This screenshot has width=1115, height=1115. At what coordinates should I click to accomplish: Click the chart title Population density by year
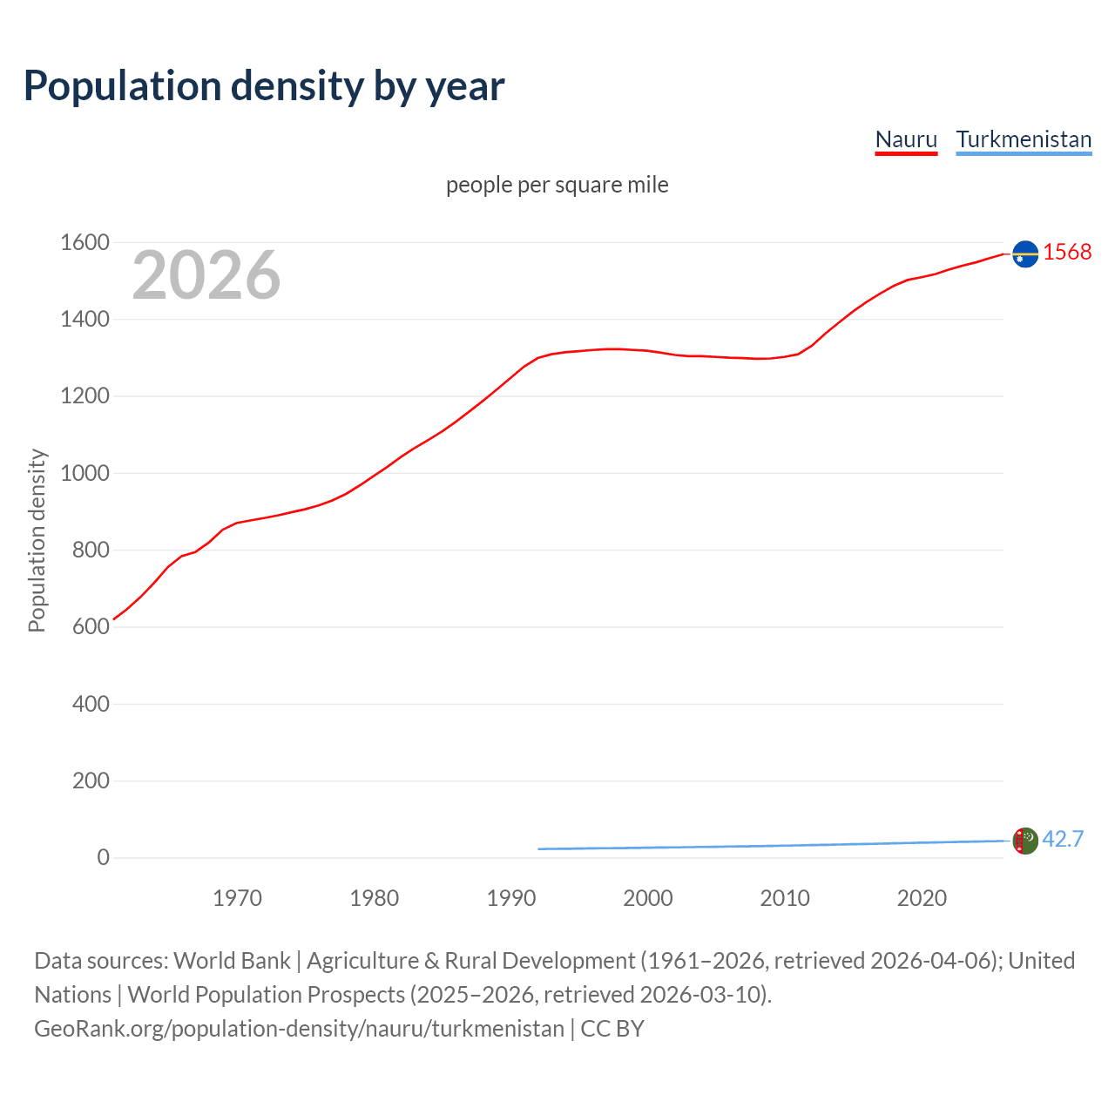pos(264,86)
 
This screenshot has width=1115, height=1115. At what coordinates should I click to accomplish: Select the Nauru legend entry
pos(906,139)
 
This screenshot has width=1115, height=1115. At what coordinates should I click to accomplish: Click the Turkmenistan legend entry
pos(1024,139)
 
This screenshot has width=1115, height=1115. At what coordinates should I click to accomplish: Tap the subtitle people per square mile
pos(557,185)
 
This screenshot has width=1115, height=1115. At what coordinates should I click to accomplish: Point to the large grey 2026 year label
pos(206,275)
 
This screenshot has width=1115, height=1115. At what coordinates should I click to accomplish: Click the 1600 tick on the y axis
pos(84,242)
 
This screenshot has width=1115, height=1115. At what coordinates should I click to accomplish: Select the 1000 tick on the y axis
pos(84,473)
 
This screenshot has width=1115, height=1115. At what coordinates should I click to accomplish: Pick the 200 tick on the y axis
pos(91,780)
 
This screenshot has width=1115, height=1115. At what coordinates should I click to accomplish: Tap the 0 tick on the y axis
pos(104,857)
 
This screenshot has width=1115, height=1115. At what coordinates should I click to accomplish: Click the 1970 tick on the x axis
pos(237,898)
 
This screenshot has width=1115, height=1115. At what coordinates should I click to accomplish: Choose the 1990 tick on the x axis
pos(511,898)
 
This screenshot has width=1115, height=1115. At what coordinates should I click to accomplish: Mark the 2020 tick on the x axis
pos(922,898)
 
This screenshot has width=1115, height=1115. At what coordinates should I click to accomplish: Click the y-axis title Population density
pos(37,540)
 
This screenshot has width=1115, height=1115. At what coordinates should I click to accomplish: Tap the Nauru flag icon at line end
pos(1025,253)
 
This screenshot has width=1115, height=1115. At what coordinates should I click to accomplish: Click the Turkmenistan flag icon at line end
pos(1025,841)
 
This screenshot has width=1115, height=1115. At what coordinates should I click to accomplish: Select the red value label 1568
pos(1067,252)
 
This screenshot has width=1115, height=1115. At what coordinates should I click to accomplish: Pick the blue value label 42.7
pos(1063,839)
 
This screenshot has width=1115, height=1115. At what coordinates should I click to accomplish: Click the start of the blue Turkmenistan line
pos(539,848)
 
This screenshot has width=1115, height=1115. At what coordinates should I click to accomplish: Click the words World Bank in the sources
pos(232,961)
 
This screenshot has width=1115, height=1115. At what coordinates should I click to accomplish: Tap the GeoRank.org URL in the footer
pos(299,1029)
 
